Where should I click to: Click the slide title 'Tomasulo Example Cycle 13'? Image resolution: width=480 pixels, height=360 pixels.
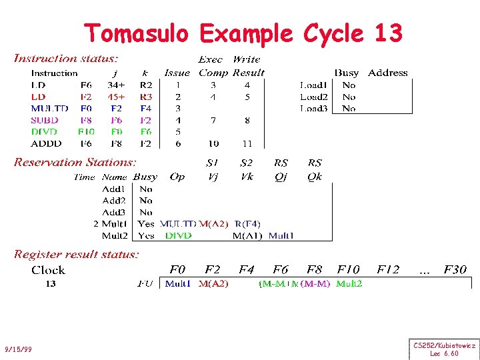pos(243,33)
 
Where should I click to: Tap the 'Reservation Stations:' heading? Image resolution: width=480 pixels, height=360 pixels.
pos(75,162)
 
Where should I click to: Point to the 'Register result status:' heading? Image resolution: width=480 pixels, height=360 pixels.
pos(77,254)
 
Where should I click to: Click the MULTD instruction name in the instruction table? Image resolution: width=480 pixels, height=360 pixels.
pos(49,109)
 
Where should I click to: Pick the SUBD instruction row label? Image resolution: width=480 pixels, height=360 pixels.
pos(45,120)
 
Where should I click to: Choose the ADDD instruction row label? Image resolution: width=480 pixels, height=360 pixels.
pos(46,143)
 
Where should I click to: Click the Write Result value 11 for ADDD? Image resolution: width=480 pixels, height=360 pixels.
pos(247,143)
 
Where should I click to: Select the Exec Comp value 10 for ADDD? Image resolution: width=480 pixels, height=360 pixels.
pos(213,143)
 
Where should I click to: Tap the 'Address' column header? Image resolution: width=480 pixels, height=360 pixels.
pos(387,73)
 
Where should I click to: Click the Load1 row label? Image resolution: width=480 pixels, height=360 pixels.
pos(313,85)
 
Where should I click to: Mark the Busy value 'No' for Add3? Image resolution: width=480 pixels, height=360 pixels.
pos(146,212)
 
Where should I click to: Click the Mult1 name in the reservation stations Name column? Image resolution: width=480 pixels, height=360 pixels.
pos(115,224)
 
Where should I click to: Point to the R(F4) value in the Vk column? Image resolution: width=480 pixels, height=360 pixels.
pos(247,224)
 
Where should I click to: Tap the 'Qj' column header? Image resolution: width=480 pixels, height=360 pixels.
pos(281,177)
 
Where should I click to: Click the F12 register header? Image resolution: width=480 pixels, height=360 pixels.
pos(387,270)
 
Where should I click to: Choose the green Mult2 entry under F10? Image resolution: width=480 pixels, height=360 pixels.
pos(349,284)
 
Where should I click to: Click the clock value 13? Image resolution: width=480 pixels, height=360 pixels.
pos(50,284)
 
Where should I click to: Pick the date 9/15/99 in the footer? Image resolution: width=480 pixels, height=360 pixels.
pos(18,349)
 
